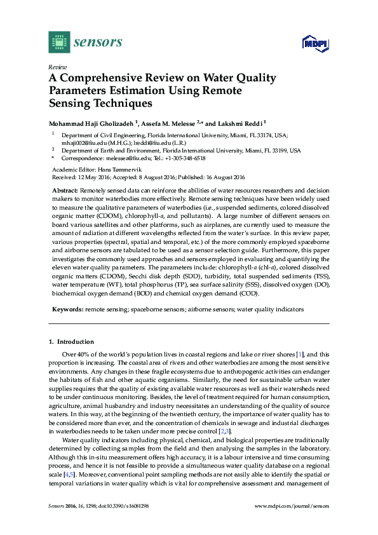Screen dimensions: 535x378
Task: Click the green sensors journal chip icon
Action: [x=58, y=42]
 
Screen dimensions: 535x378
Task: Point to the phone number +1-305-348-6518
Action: [x=181, y=158]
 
